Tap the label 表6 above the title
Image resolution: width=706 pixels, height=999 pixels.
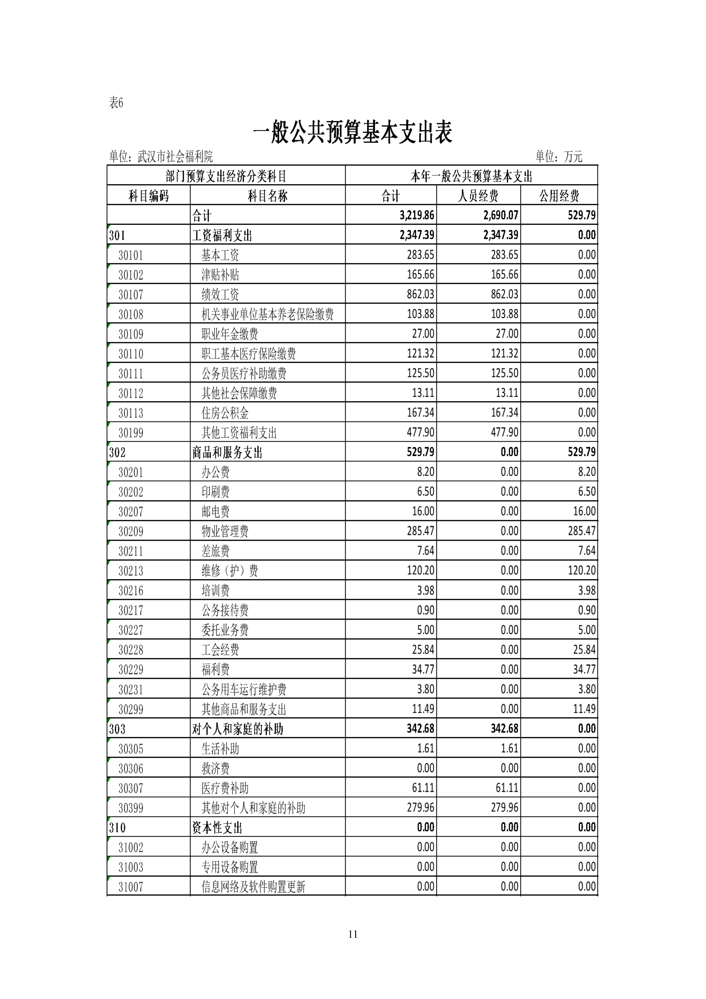point(116,103)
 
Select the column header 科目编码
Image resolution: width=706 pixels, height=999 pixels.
point(148,196)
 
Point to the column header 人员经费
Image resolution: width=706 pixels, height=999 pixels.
point(478,196)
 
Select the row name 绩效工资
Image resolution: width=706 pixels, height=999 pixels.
point(220,295)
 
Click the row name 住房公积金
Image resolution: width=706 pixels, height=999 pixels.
point(225,413)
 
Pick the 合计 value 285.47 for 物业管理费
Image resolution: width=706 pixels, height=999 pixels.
point(420,531)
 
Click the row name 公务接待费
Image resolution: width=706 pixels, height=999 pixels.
point(225,611)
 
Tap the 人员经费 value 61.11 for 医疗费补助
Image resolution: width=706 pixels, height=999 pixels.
point(507,788)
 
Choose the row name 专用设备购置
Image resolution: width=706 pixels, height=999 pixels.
point(230,867)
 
